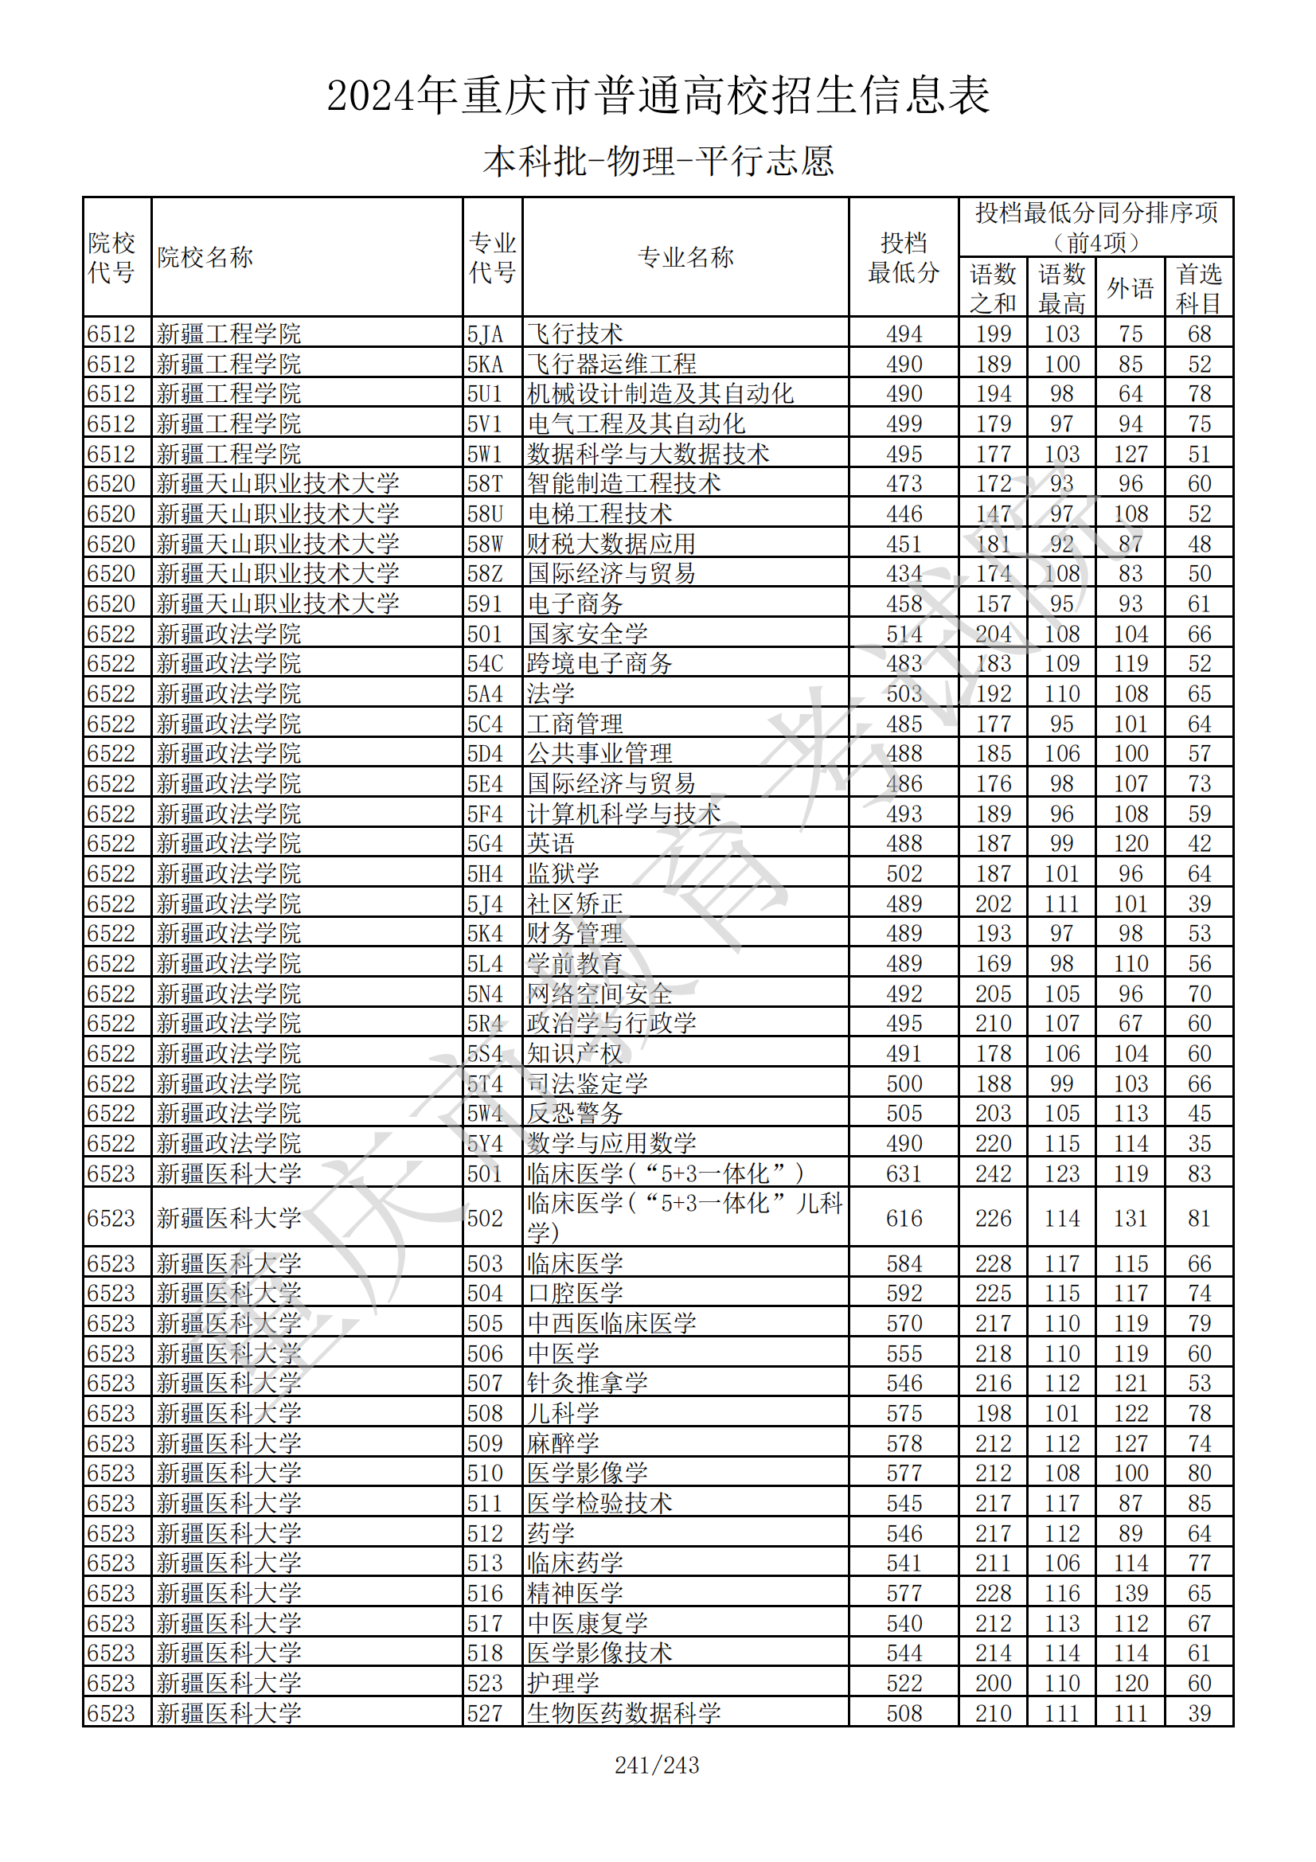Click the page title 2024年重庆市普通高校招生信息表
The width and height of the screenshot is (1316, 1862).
pyautogui.click(x=658, y=96)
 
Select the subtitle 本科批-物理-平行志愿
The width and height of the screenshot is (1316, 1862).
pyautogui.click(x=658, y=162)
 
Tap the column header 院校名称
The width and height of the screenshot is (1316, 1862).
pyautogui.click(x=205, y=257)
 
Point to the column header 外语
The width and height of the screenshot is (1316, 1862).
pyautogui.click(x=1130, y=288)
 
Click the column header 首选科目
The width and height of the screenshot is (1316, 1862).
pyautogui.click(x=1198, y=288)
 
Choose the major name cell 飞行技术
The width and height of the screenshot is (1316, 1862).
pyautogui.click(x=575, y=334)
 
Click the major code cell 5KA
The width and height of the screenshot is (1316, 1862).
pyautogui.click(x=485, y=363)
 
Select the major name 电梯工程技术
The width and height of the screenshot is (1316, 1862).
pyautogui.click(x=599, y=513)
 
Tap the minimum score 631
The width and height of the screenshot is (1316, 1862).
pyautogui.click(x=904, y=1173)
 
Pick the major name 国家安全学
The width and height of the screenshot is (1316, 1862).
pyautogui.click(x=587, y=634)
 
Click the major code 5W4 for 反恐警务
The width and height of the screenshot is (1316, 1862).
pyautogui.click(x=485, y=1114)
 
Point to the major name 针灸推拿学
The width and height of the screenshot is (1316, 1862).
pyautogui.click(x=587, y=1383)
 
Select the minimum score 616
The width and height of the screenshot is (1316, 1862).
pyautogui.click(x=904, y=1218)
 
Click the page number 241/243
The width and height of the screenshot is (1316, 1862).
pyautogui.click(x=657, y=1765)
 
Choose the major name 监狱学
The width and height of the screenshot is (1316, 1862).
pyautogui.click(x=563, y=873)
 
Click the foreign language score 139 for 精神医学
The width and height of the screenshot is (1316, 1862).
pyautogui.click(x=1131, y=1593)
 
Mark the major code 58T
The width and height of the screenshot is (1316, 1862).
pyautogui.click(x=485, y=483)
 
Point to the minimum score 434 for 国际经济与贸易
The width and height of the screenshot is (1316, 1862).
pyautogui.click(x=904, y=573)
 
